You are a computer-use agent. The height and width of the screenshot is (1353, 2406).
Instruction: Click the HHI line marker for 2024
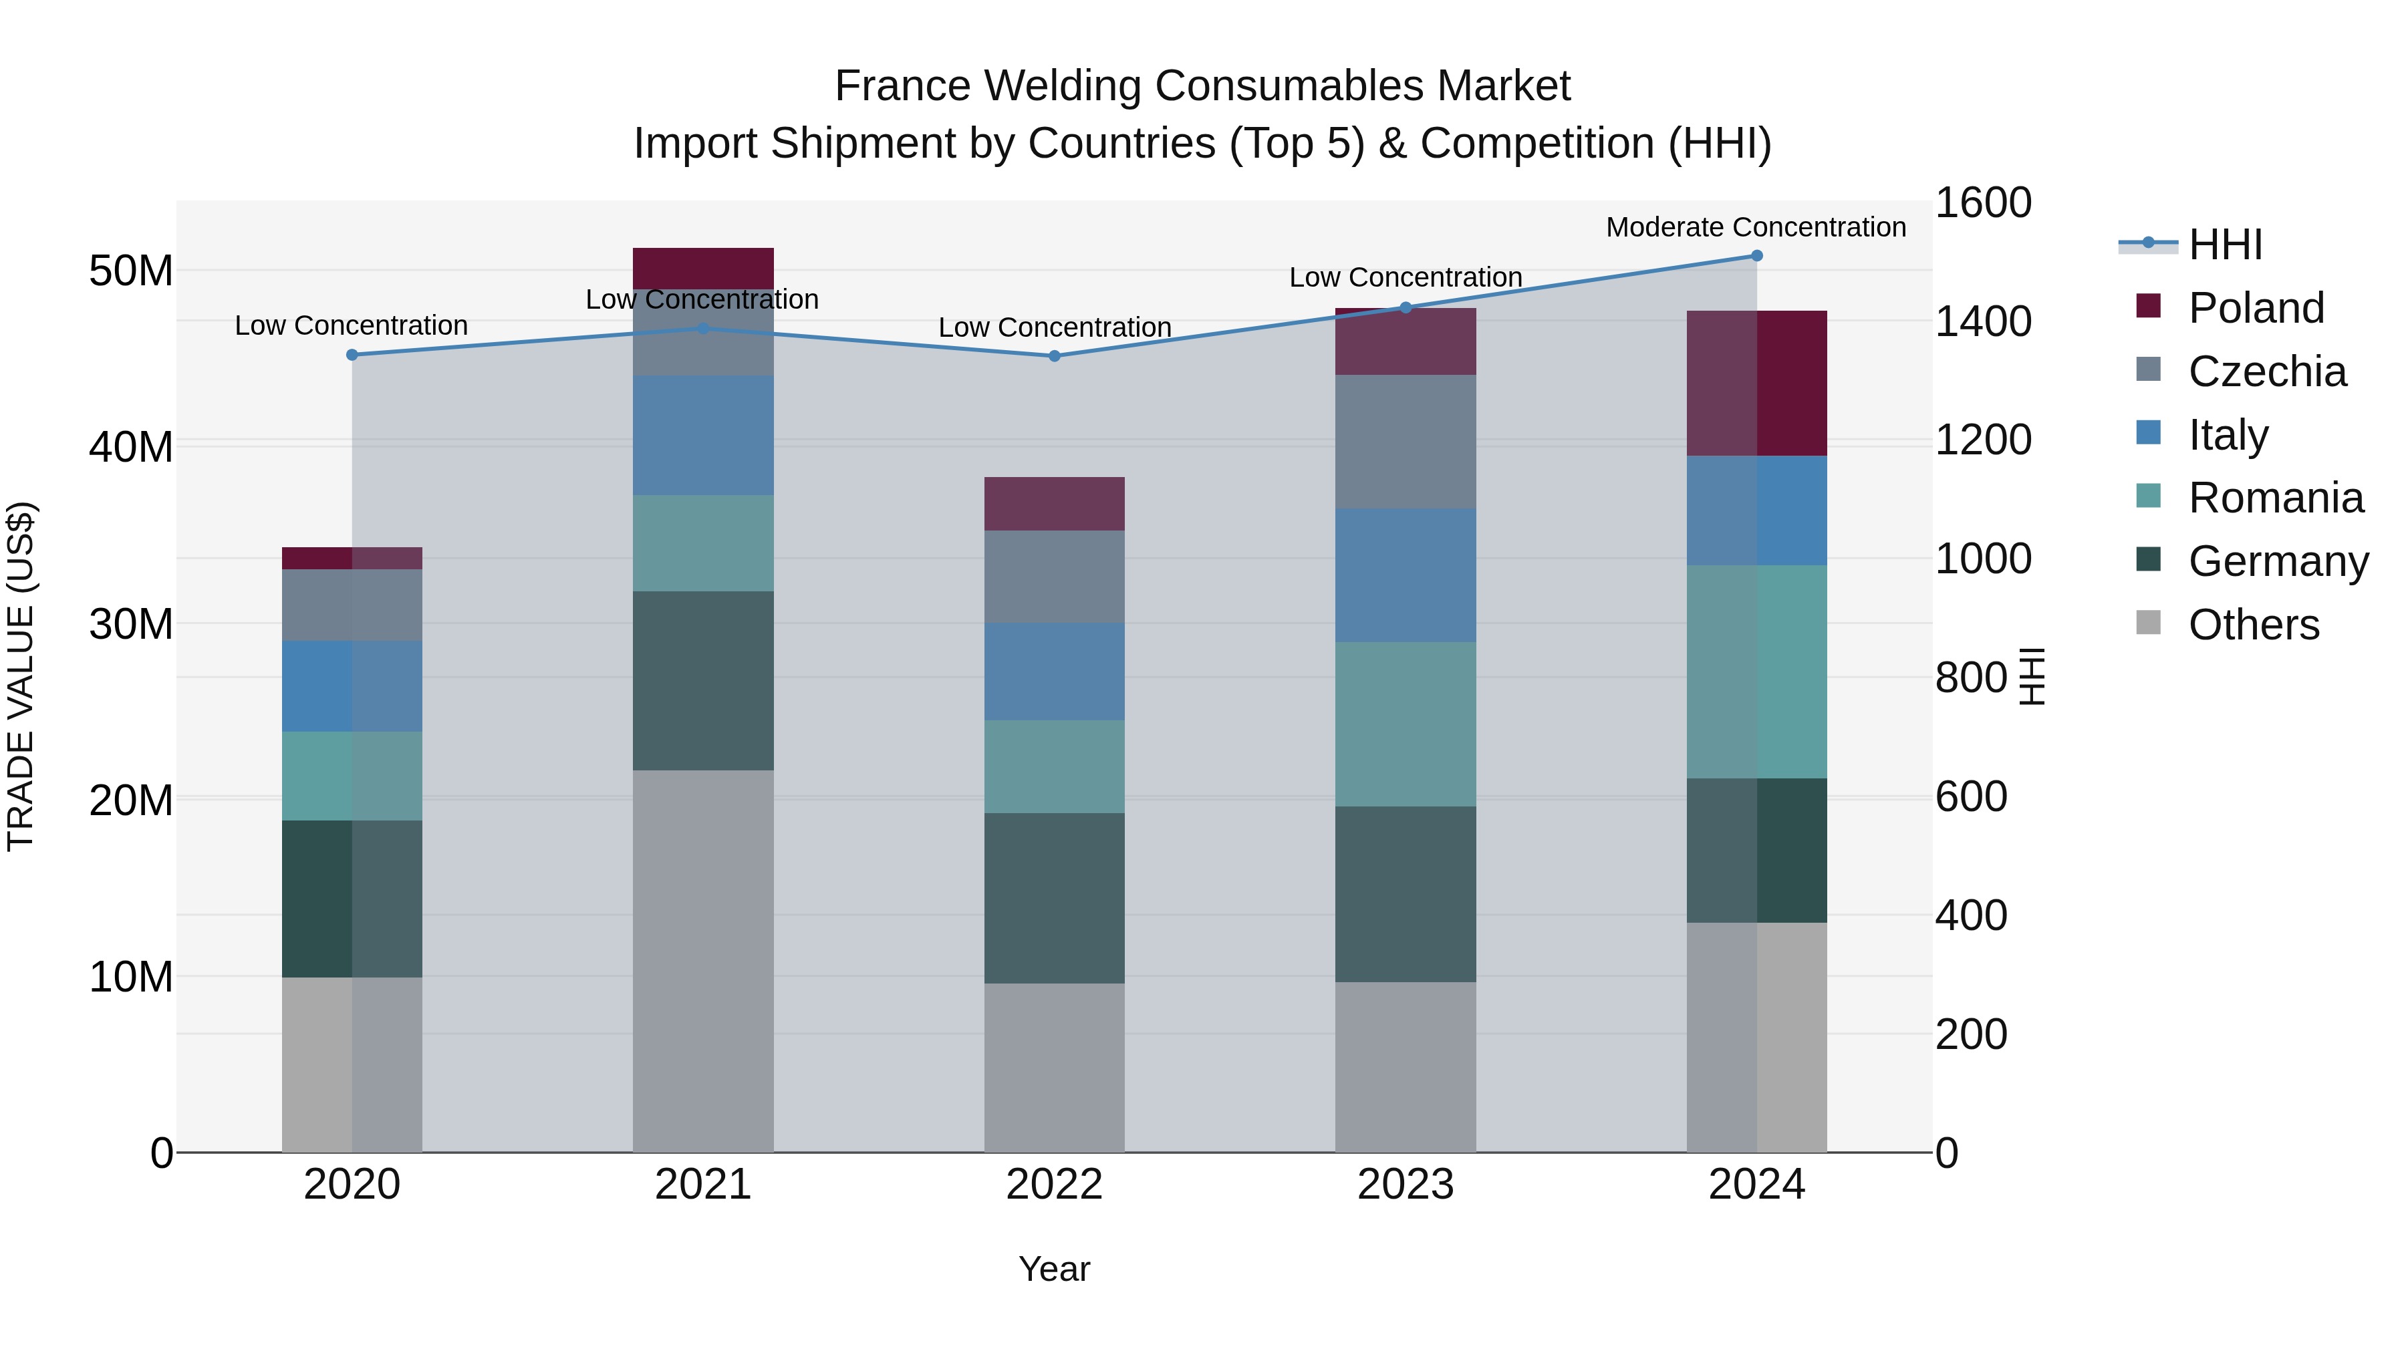click(1756, 256)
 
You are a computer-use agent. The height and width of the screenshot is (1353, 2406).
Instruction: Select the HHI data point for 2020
click(352, 355)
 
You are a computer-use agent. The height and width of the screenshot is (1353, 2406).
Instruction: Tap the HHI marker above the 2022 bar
click(1055, 355)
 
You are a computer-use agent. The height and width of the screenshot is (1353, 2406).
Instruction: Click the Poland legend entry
click(2255, 308)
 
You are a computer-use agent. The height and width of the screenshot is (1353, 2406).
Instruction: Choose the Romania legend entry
click(2275, 498)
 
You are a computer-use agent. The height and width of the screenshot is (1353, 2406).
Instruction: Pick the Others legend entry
click(2253, 625)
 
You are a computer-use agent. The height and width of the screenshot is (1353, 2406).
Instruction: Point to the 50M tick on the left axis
click(131, 271)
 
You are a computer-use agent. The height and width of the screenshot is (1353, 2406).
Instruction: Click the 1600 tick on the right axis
click(1983, 202)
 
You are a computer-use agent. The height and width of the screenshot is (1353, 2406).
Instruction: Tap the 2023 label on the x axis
click(1405, 1185)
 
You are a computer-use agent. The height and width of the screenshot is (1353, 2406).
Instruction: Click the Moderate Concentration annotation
click(1756, 227)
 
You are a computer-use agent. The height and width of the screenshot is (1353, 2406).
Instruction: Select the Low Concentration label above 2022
click(1055, 328)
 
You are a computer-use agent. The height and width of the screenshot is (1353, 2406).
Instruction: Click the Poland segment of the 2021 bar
click(703, 268)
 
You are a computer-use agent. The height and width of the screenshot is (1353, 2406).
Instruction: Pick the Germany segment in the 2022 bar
click(1055, 897)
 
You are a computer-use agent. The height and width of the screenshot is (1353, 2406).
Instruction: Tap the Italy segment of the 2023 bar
click(1405, 575)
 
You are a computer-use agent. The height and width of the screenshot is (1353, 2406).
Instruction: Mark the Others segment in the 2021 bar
click(703, 961)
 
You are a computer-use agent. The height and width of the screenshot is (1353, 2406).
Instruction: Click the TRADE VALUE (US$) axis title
click(21, 676)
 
